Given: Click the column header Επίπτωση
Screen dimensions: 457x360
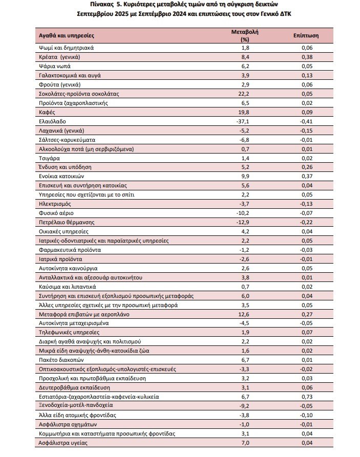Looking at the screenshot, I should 306,36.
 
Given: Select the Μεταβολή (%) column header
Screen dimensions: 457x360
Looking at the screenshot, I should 245,35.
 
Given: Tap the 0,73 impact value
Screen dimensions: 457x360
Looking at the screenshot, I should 307,397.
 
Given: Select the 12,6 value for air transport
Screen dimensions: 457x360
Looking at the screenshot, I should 244,314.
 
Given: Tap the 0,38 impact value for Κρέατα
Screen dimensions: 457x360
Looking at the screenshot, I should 307,57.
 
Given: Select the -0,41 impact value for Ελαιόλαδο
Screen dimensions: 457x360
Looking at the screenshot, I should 306,121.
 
